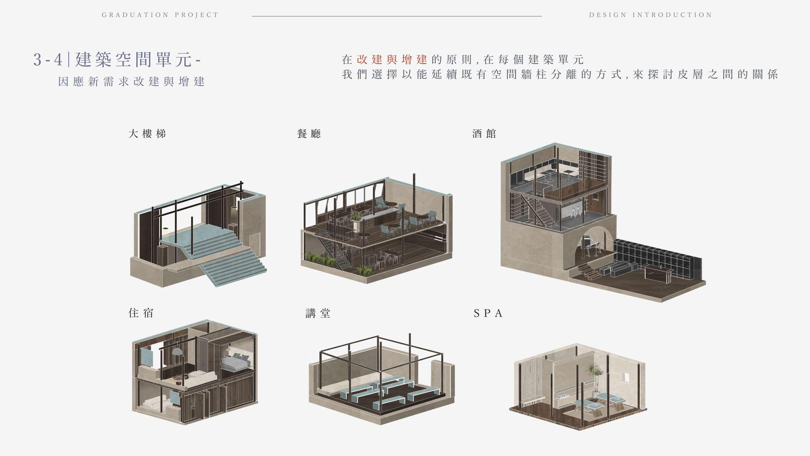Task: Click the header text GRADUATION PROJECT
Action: pyautogui.click(x=160, y=15)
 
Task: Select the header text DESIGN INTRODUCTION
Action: pyautogui.click(x=650, y=15)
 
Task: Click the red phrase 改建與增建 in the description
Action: pyautogui.click(x=392, y=59)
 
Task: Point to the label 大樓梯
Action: pyautogui.click(x=147, y=134)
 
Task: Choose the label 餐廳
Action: pyautogui.click(x=309, y=134)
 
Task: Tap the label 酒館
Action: pyautogui.click(x=484, y=134)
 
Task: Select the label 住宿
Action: pyautogui.click(x=141, y=313)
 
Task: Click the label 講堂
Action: pyautogui.click(x=318, y=313)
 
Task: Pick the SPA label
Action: pyautogui.click(x=488, y=313)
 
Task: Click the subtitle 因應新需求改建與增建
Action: pyautogui.click(x=131, y=82)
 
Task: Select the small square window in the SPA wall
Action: pyautogui.click(x=625, y=377)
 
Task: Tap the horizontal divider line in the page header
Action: pyautogui.click(x=397, y=16)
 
